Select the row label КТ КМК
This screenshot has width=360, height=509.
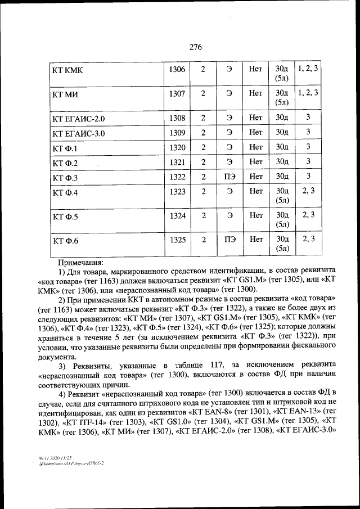coord(67,70)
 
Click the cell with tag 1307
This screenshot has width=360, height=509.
coord(177,94)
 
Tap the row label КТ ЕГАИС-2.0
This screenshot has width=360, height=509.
coord(78,119)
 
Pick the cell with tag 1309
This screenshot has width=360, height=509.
coord(177,133)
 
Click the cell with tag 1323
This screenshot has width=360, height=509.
coord(177,192)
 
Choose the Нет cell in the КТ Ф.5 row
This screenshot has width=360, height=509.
coord(256,215)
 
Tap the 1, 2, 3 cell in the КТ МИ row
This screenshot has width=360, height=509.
coord(308,92)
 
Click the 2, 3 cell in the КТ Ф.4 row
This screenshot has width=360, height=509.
coord(308,191)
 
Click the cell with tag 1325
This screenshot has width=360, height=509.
coord(177,240)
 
